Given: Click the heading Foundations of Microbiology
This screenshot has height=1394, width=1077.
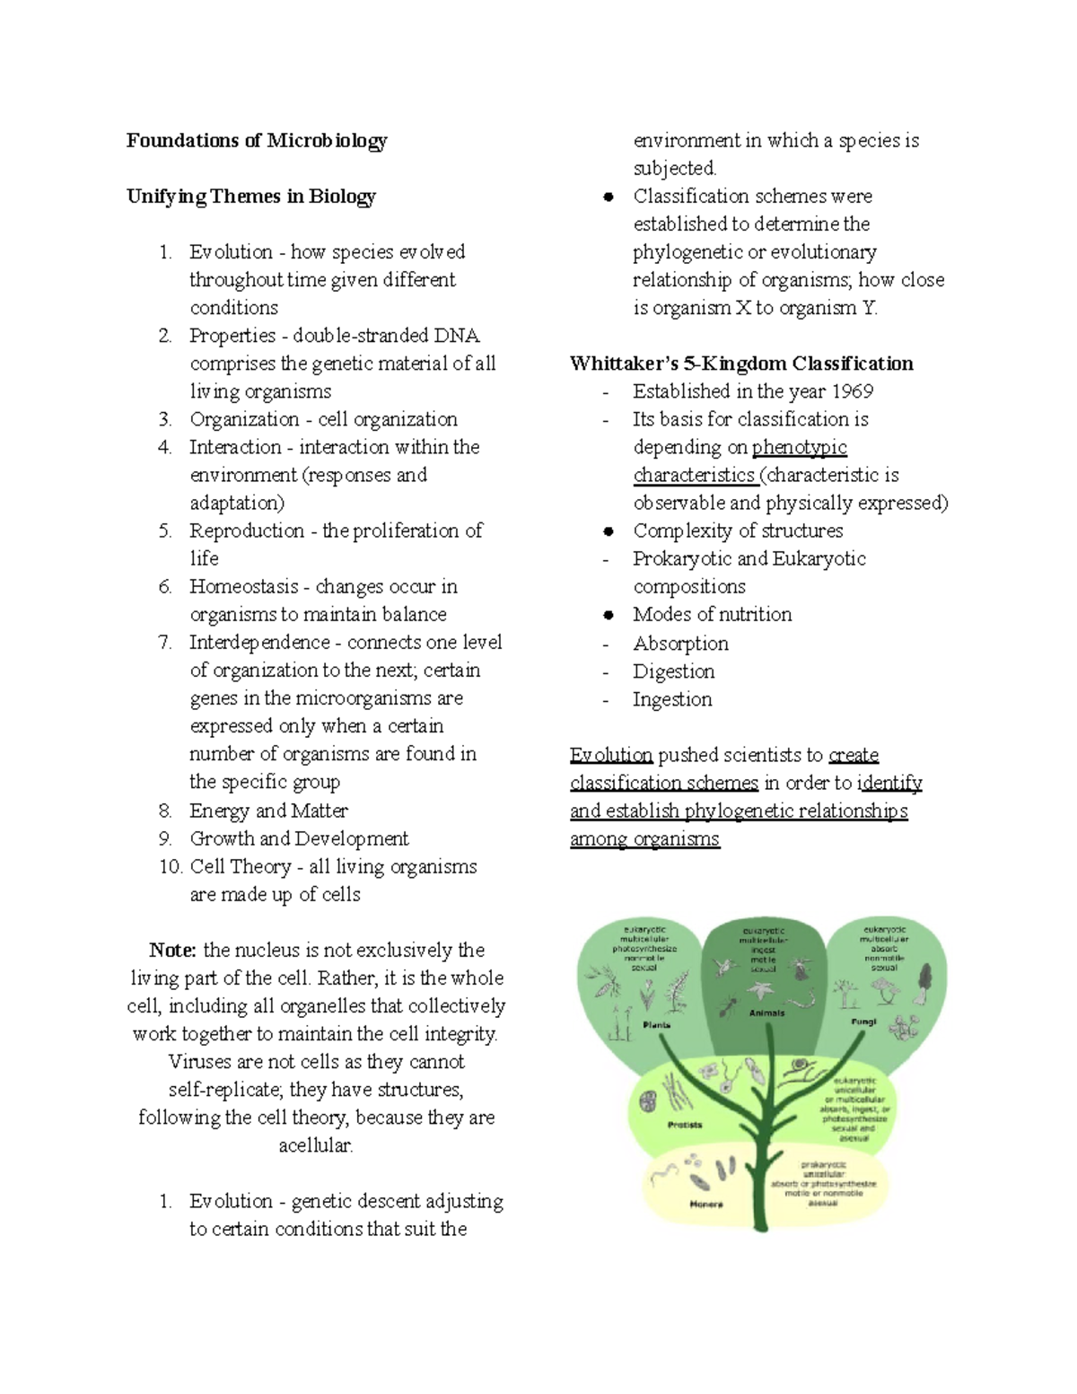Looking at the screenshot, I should click(x=257, y=140).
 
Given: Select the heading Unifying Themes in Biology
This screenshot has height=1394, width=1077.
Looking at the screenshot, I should click(x=251, y=196).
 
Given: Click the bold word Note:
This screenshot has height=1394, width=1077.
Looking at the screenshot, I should click(x=173, y=950).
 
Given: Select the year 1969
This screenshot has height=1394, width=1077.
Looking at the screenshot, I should click(x=852, y=391).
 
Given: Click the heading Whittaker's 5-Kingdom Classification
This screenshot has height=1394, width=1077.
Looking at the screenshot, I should click(x=741, y=364).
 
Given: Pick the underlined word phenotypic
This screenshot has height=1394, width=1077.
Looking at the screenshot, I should click(x=799, y=447).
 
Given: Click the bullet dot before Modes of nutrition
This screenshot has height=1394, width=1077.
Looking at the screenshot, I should click(x=609, y=615).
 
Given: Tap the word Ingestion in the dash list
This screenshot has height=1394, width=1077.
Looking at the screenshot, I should click(x=672, y=699).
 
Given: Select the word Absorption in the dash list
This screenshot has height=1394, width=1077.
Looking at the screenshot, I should click(x=680, y=644).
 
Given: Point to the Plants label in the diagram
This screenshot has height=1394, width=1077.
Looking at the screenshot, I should click(x=656, y=1024).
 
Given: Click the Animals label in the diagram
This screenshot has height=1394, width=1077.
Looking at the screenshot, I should click(x=766, y=1013).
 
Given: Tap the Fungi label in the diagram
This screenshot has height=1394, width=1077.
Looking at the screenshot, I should click(x=863, y=1021).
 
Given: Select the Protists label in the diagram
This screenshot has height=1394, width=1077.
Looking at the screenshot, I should click(x=685, y=1125).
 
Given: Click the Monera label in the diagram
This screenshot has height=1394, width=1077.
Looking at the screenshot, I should click(x=706, y=1204).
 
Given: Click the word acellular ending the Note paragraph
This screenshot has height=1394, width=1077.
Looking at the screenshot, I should click(x=316, y=1145).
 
